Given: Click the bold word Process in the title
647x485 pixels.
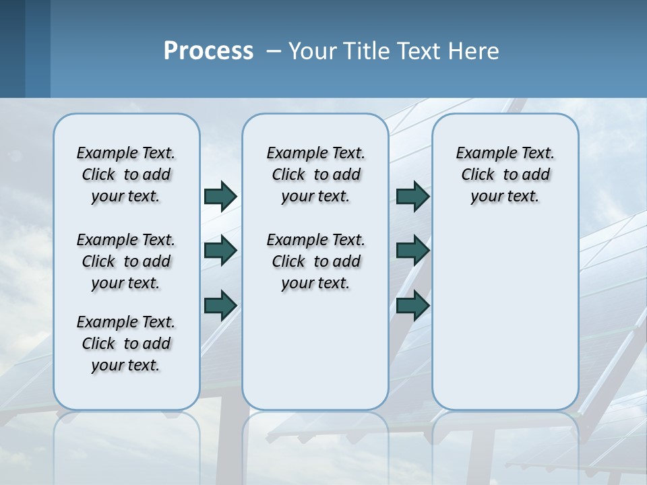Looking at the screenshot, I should [x=208, y=51].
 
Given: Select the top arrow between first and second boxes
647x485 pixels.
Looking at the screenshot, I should [x=220, y=196].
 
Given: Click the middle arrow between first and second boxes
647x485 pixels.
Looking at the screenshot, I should [x=220, y=251].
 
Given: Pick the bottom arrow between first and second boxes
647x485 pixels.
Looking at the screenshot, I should [x=220, y=304].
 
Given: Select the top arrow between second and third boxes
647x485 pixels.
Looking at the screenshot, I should [x=412, y=196].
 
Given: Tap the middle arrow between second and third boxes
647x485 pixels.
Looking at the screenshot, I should [x=412, y=251].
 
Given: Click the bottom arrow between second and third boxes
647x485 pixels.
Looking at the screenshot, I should [x=412, y=304].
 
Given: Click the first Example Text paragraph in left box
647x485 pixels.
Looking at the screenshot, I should [x=126, y=174].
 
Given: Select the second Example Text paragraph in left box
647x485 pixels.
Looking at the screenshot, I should [x=126, y=261].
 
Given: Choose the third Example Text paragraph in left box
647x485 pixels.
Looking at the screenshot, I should [x=126, y=344].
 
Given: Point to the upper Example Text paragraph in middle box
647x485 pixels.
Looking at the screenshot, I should [x=315, y=174].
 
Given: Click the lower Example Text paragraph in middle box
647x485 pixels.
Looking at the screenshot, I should [x=315, y=261].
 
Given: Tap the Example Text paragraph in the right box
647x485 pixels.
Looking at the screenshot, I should [x=505, y=174].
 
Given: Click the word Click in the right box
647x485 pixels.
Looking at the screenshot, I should [x=478, y=175].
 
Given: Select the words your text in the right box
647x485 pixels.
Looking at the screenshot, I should [x=505, y=197].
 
